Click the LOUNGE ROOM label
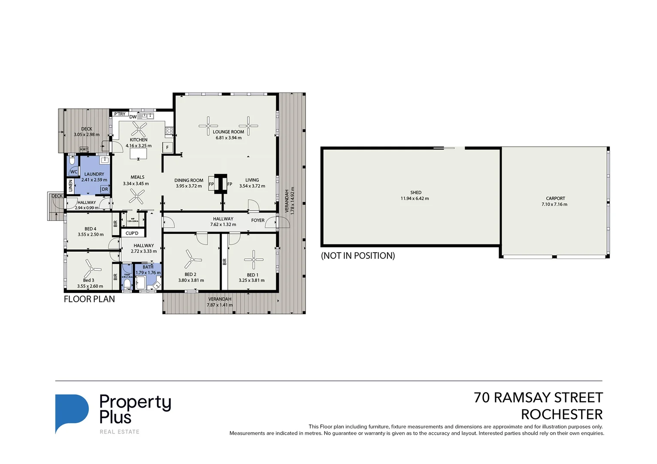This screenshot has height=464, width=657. (x=228, y=132)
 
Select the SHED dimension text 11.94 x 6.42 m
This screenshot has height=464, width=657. (x=415, y=198)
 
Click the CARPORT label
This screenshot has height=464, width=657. (x=555, y=198)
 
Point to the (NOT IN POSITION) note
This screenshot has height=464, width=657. (x=358, y=256)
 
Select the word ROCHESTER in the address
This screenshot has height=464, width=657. (x=561, y=415)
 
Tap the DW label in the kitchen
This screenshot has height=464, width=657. (x=133, y=117)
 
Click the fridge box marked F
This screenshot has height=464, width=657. (x=167, y=147)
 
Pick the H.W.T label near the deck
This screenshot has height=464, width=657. (x=84, y=150)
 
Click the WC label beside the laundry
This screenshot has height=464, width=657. (x=74, y=172)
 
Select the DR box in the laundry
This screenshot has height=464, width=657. (x=105, y=189)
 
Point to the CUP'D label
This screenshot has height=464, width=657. (x=132, y=233)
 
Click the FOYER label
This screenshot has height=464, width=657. (x=258, y=220)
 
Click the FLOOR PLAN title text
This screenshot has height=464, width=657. (x=89, y=299)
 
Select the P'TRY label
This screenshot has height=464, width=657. (x=120, y=114)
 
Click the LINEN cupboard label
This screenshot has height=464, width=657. (x=71, y=186)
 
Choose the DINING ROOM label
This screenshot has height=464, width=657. (x=189, y=180)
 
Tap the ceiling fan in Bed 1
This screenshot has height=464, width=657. (x=254, y=259)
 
